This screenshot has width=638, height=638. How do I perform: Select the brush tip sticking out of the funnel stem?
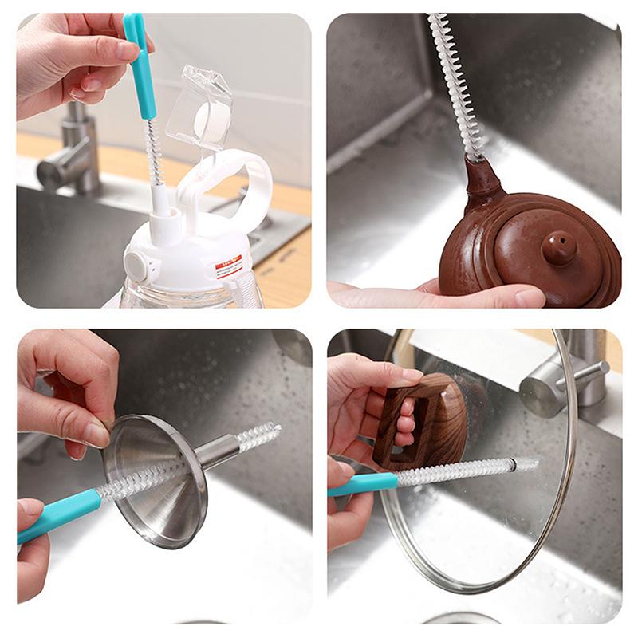click(x=260, y=435)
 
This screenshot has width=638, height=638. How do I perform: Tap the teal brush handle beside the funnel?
click(x=60, y=514)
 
